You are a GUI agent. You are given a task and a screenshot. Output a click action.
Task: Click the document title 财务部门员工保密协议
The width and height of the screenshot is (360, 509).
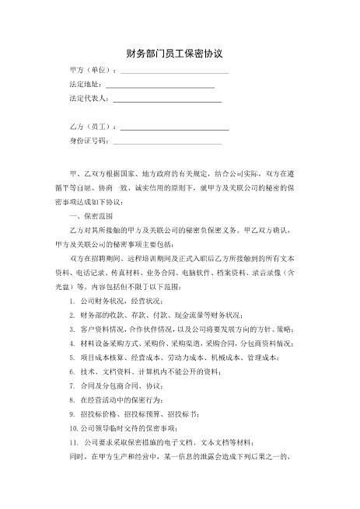click(x=180, y=54)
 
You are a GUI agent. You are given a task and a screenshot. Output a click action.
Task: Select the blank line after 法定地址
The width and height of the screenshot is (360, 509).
click(x=159, y=86)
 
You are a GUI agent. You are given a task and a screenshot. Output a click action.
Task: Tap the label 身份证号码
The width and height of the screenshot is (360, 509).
click(x=88, y=141)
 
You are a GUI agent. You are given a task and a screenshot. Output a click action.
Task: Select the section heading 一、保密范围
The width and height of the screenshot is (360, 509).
click(x=92, y=215)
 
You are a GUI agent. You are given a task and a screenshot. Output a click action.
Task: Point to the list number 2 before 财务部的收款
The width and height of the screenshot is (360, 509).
click(x=72, y=315)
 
